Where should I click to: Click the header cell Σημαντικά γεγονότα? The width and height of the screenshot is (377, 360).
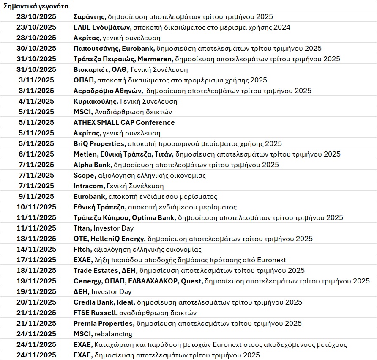pos(36,6)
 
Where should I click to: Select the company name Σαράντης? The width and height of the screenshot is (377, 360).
pos(89,16)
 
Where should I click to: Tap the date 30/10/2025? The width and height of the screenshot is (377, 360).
pos(36,48)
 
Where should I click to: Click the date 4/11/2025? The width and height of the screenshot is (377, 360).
pos(36,101)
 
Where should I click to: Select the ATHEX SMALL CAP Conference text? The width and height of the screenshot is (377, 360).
pos(124,122)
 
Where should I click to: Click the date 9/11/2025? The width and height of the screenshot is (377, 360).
pos(36,196)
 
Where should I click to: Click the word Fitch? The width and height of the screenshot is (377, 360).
pos(82,249)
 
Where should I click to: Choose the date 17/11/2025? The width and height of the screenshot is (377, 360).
pos(36,260)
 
